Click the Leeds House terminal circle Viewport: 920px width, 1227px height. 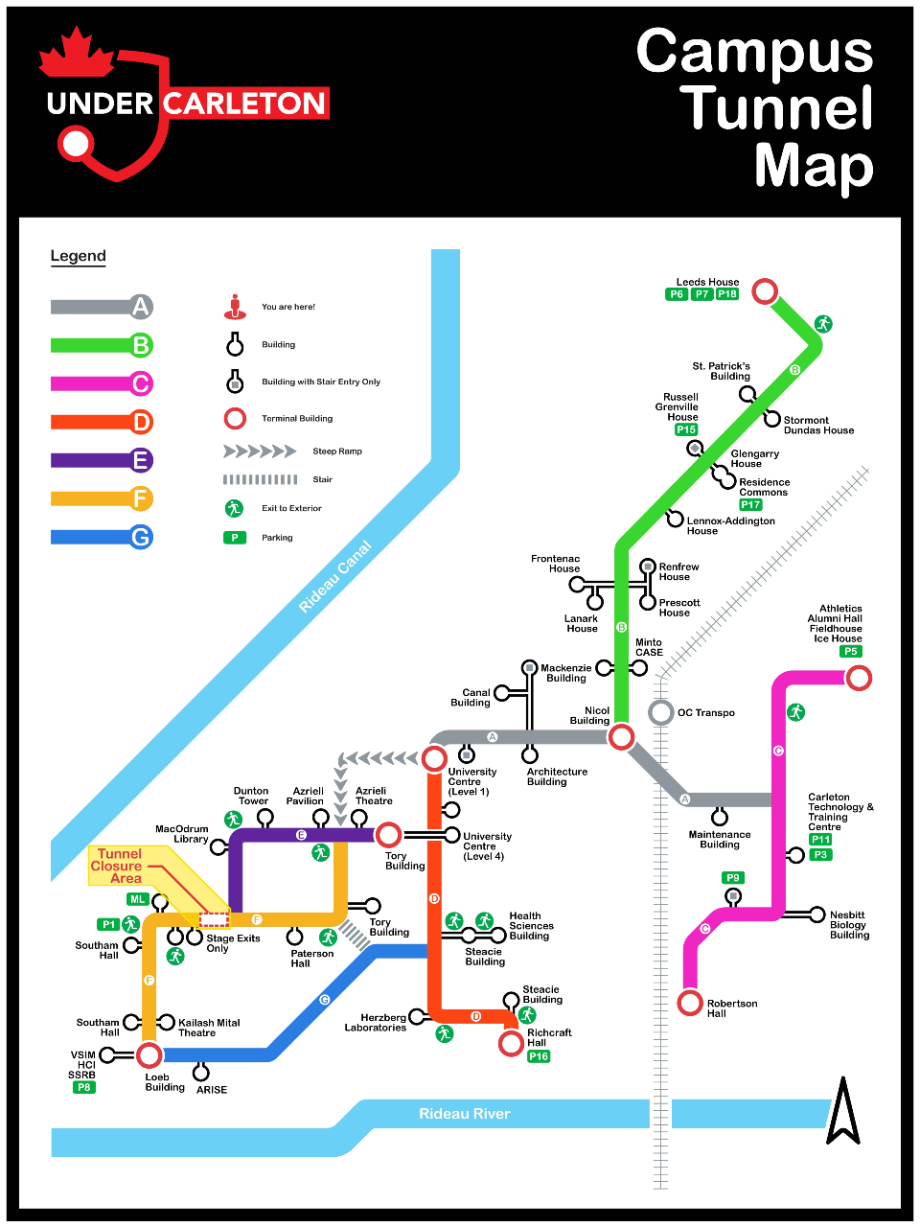764,290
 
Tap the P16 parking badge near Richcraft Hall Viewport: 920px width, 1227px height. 539,1056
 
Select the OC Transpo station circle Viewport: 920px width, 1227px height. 660,712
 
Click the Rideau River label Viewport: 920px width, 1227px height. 465,1114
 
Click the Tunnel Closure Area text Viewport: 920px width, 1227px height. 118,866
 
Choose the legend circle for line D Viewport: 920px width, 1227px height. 141,422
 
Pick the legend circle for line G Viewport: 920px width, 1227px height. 141,537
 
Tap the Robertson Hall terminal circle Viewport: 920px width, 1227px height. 690,1003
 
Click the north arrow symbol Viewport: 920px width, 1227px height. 843,1112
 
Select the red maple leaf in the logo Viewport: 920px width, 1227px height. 77,53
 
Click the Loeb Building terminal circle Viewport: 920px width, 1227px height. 149,1055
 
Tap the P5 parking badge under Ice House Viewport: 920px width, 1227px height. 850,652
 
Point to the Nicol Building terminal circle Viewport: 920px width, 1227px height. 621,736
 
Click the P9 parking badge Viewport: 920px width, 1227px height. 733,877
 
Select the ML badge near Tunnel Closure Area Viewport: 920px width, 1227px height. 138,899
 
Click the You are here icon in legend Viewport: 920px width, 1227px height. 235,307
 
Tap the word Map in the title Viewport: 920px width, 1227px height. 814,166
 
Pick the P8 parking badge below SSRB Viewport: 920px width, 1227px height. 84,1087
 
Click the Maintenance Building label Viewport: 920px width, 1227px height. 720,840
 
